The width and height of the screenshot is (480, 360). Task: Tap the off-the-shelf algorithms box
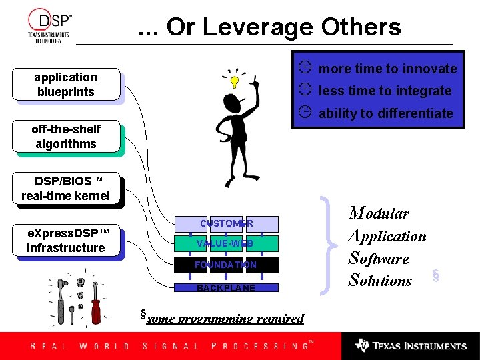(x=66, y=137)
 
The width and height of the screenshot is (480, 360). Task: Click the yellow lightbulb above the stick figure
(x=235, y=82)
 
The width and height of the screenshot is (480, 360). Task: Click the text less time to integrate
(x=385, y=91)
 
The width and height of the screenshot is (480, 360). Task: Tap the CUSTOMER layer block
(x=226, y=223)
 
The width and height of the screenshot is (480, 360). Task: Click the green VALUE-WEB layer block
(x=225, y=244)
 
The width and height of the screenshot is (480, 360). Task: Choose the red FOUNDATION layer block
(x=225, y=265)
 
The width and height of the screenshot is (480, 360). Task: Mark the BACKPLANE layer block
(x=225, y=288)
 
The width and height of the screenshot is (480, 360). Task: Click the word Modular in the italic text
(x=379, y=213)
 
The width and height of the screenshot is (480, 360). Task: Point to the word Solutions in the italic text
(x=380, y=281)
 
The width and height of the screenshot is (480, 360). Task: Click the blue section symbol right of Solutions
(x=436, y=275)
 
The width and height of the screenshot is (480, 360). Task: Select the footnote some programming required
(x=225, y=319)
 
